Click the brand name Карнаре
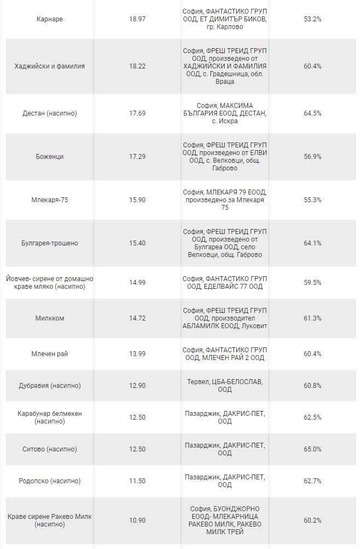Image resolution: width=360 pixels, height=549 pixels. pos(49,19)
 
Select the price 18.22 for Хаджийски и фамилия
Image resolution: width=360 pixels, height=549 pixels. pos(138,66)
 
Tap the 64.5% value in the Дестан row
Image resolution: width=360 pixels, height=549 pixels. pos(312,113)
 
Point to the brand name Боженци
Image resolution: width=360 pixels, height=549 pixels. pos(49,157)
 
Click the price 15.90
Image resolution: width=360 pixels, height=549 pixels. pos(138,200)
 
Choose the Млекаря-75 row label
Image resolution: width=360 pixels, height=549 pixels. pos(49,200)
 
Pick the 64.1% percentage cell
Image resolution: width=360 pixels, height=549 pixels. pos(312,243)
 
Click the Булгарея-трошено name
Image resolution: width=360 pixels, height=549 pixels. pos(49,243)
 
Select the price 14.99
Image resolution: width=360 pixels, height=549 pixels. pos(138,283)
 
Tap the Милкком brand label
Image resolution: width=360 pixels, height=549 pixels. pos(49,318)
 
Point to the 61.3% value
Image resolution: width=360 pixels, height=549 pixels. pos(312,318)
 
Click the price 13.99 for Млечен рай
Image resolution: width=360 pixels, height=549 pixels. pos(138,354)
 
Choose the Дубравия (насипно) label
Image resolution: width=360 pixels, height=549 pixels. pos(49,386)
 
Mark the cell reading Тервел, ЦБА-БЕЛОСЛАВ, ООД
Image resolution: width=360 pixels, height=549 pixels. pos(225,386)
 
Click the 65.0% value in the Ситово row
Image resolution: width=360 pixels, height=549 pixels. pos(312,449)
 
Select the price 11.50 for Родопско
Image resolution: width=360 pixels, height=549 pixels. pos(138,481)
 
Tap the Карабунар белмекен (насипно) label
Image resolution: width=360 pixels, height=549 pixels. pos(49,418)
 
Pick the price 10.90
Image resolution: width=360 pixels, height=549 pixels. pos(138,521)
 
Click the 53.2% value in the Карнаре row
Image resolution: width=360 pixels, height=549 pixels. pos(312,19)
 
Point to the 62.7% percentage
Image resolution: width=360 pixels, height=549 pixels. pos(312,481)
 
